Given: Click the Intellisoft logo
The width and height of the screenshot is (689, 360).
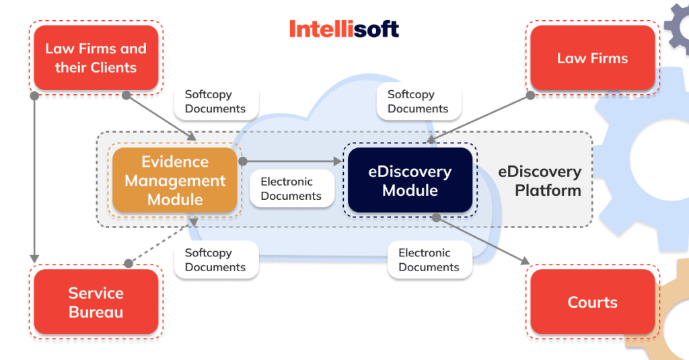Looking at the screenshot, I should click(344, 29).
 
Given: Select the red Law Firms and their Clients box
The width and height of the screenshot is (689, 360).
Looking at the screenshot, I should click(96, 58).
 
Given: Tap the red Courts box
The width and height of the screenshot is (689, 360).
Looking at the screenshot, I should click(592, 302).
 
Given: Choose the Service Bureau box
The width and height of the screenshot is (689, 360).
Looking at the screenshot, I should click(96, 302).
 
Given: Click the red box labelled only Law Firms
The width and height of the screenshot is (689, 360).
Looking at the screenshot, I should click(592, 58).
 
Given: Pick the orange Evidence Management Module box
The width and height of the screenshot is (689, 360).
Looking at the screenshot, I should click(175, 180).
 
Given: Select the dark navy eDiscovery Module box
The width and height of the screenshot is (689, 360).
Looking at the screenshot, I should click(410, 180).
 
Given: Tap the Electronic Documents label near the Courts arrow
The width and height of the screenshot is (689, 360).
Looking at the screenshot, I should click(429, 260).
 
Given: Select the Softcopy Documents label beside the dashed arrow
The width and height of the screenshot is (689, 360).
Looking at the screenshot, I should click(215, 260).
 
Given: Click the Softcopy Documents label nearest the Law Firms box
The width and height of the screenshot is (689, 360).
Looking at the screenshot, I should click(418, 102).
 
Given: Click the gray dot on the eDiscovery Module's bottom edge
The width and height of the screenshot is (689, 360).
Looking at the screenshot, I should click(436, 217).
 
